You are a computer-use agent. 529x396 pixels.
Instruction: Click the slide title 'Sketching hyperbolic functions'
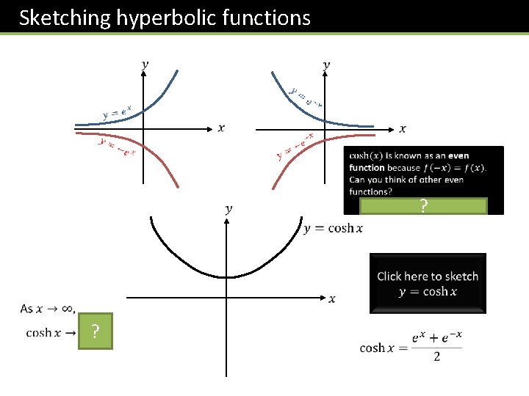coord(165,17)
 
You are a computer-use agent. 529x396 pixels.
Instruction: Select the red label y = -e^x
coord(118,147)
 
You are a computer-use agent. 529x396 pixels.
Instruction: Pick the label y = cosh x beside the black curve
coord(333,229)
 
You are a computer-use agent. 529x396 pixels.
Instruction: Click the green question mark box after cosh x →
coord(96,333)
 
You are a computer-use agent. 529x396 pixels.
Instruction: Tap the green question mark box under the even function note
coord(423,207)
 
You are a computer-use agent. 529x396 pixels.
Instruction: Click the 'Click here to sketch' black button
coord(428,283)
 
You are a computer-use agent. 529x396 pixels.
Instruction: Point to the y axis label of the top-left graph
coord(144,65)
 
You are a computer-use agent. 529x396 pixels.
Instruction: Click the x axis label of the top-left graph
coord(221,128)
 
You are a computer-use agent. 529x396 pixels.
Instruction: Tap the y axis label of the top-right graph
coord(326,65)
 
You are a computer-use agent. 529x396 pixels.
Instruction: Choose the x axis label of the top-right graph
coord(402,129)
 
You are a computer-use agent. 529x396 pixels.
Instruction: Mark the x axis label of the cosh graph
coord(332,298)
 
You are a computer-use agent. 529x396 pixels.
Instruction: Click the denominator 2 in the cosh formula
coord(437,357)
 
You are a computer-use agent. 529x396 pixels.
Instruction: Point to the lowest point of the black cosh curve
coord(228,277)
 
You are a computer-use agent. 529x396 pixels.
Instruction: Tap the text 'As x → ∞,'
coord(48,309)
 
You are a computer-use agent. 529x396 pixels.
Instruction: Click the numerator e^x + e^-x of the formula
coord(437,338)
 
